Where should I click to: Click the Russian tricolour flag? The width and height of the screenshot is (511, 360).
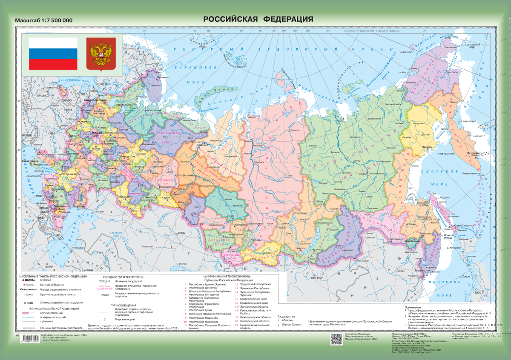(53, 53)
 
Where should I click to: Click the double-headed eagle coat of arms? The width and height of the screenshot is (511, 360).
(101, 53)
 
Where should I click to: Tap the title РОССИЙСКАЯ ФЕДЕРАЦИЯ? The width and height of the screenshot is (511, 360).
(258, 19)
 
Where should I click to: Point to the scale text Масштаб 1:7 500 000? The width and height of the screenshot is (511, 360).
(44, 20)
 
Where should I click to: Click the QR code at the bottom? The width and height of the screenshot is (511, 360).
(336, 339)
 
